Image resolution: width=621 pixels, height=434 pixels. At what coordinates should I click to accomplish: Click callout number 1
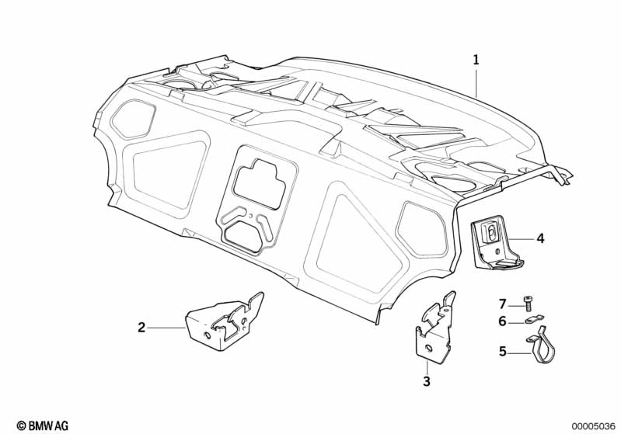pos(476,59)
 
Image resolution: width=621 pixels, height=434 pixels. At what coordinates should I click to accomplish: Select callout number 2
pos(141,328)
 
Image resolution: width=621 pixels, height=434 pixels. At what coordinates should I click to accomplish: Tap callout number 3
pos(426,381)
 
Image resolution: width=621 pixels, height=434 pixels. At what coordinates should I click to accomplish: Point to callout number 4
pos(540,238)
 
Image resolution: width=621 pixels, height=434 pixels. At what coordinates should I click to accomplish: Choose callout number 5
pos(503,352)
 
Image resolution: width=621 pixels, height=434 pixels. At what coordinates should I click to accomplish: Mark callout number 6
pos(503,321)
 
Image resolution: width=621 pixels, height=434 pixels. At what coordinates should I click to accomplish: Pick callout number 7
pos(503,303)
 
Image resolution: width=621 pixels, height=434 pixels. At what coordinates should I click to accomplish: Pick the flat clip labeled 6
pos(536,318)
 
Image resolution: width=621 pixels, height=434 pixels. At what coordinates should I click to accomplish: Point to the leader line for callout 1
pos(476,82)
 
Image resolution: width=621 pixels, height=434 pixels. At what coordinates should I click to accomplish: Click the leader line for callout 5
pos(519,352)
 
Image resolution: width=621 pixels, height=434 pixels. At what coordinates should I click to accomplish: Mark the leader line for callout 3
pos(426,366)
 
